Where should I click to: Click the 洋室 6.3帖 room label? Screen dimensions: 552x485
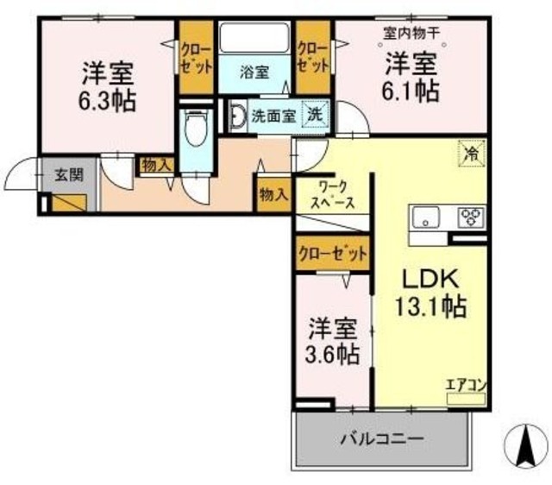coord(107,86)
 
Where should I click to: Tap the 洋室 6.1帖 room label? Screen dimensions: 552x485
coord(411,77)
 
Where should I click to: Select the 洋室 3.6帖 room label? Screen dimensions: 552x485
coord(332,341)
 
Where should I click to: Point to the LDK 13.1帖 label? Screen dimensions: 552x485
coord(431,292)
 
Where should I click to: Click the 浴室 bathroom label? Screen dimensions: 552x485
coord(254,72)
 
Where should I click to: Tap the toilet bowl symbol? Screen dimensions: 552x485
coord(197,128)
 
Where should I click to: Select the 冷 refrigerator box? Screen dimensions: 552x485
coord(472,154)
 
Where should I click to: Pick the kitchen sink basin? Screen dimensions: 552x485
coord(426,217)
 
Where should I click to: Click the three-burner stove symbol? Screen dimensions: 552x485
coord(472,217)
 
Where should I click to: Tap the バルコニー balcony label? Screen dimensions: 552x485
coord(382,439)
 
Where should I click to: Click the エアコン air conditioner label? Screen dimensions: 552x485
coord(466,385)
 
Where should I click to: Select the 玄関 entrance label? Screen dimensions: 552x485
coord(69,174)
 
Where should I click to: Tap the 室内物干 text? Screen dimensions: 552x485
coord(411,34)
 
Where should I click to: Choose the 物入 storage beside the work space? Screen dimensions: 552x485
coord(273,194)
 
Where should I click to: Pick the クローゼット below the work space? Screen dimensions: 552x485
coord(332,254)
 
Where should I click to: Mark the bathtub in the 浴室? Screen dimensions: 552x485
coord(254,38)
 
